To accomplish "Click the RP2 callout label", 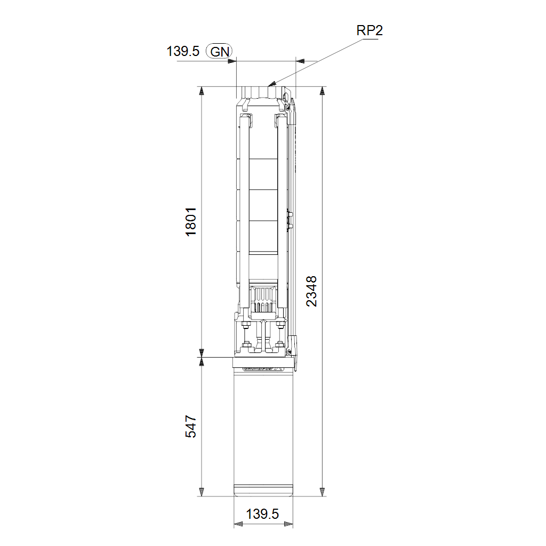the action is click(370, 30).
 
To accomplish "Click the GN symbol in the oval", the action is click(220, 52).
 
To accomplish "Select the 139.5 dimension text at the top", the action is click(183, 51).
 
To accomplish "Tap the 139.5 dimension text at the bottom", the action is click(262, 514).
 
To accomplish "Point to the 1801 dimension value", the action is click(191, 222).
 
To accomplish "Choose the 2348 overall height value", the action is click(311, 291).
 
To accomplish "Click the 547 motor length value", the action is click(191, 426).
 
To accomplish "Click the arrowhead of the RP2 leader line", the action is click(272, 84).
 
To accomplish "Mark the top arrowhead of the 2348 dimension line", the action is click(323, 91).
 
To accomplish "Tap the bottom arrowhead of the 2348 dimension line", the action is click(323, 492).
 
